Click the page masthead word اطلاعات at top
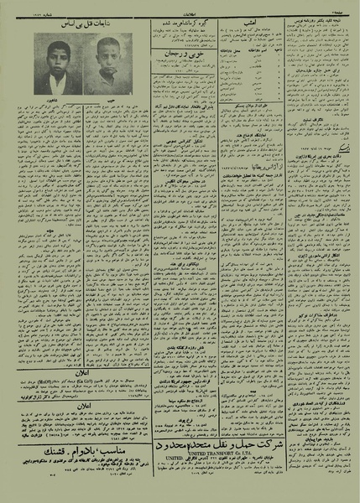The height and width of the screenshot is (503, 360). [x=180, y=12]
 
